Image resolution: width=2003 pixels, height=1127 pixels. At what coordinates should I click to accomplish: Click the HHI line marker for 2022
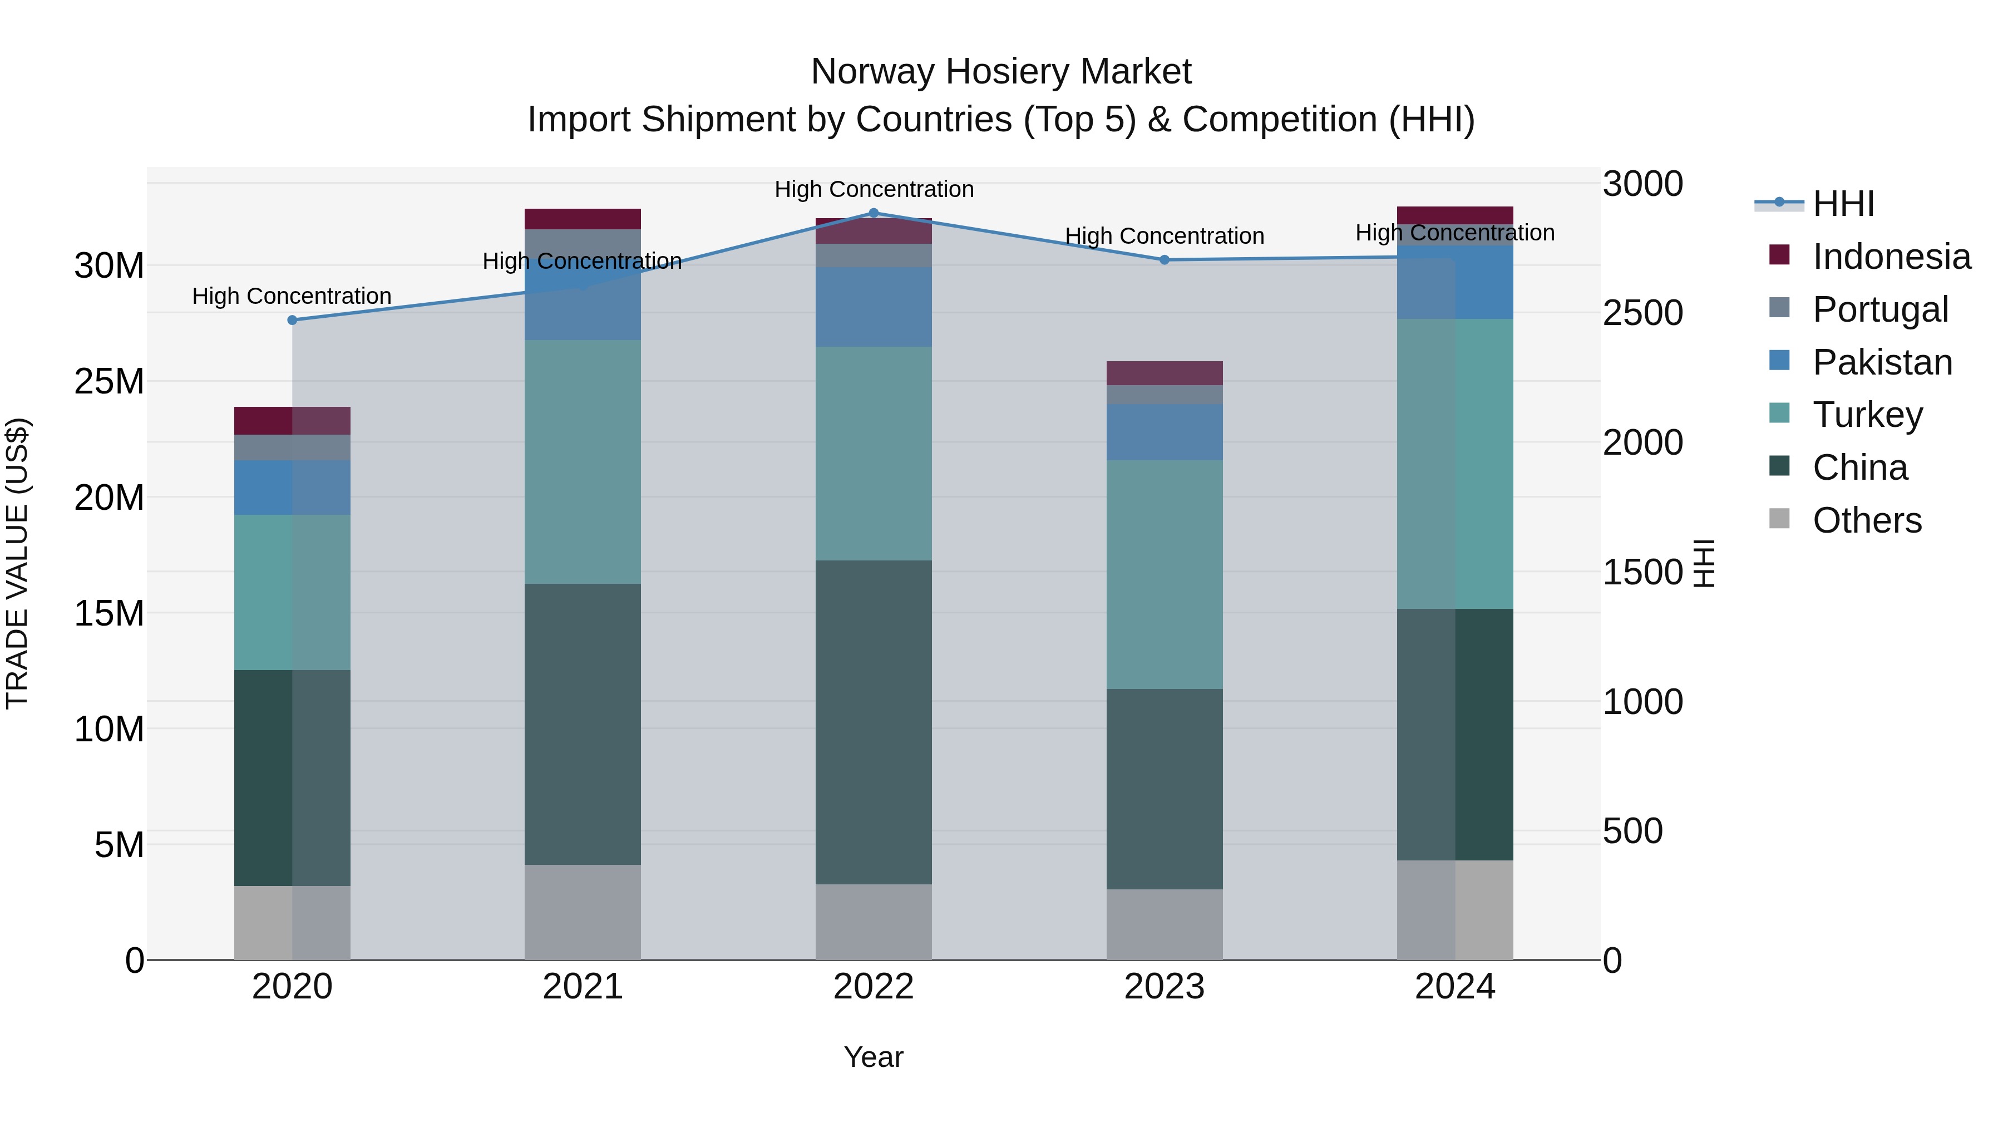coord(873,213)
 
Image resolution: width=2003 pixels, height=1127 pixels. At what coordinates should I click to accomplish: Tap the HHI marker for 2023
coord(1164,260)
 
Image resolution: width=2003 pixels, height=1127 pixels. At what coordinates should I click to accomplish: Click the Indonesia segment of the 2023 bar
coord(1164,373)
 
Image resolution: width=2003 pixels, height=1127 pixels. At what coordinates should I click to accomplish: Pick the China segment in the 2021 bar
coord(583,724)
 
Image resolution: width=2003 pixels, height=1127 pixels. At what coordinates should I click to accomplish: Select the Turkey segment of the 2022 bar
coord(873,454)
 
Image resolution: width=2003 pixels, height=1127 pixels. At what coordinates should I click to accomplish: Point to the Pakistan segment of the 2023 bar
coord(1164,432)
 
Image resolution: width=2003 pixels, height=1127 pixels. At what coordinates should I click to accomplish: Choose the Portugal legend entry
coord(1880,309)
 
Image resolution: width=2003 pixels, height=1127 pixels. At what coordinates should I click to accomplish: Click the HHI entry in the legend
coord(1843,204)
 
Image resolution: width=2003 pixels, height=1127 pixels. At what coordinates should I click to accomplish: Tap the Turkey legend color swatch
coord(1779,414)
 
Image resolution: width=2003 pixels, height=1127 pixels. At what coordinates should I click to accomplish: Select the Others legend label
coord(1867,520)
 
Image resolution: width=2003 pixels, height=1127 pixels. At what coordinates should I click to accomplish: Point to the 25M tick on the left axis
coord(109,382)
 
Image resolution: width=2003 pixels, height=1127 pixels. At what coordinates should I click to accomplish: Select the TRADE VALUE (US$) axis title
coord(18,563)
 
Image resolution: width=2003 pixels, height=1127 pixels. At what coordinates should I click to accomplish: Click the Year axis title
coord(873,1057)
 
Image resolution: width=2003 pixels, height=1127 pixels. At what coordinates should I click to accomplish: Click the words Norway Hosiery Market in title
coord(1001,72)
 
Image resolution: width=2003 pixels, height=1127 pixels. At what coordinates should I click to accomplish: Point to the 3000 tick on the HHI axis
coord(1642,184)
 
